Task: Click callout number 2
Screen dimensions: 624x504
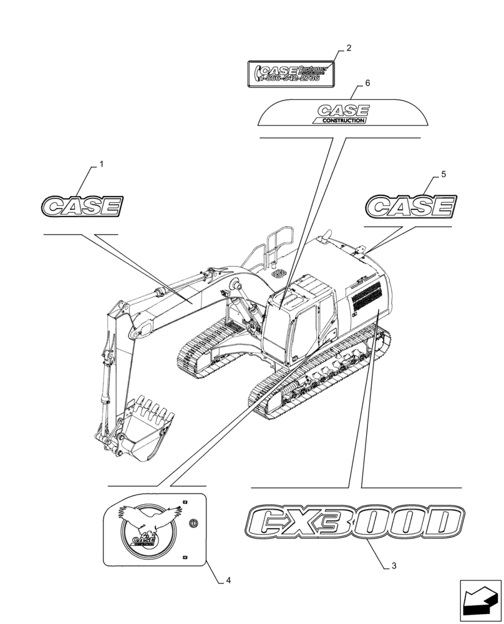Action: click(349, 48)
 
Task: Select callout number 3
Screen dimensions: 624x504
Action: click(394, 566)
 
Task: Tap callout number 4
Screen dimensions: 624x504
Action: click(229, 580)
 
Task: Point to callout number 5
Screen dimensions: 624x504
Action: click(443, 175)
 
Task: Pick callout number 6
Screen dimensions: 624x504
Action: click(367, 83)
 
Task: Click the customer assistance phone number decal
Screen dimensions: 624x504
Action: click(291, 72)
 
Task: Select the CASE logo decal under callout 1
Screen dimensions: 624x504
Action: click(81, 206)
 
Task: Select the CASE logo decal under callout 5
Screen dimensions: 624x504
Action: click(410, 206)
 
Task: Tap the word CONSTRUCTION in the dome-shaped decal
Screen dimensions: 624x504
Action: click(340, 120)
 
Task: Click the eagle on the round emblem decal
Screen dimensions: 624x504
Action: click(150, 518)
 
